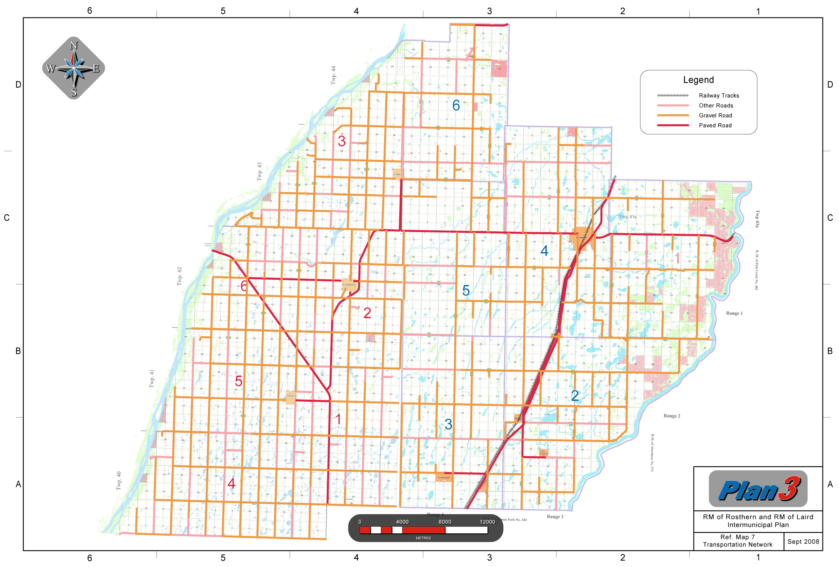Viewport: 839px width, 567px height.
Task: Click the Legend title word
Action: point(698,80)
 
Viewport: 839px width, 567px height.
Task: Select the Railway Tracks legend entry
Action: point(718,96)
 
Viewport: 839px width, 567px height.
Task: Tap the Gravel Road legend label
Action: point(715,115)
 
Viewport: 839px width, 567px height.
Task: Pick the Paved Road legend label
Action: point(715,125)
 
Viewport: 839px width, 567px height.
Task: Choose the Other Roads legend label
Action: point(716,105)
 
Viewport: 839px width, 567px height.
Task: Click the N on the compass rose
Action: point(74,45)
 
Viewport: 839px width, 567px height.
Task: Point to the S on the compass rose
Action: point(74,92)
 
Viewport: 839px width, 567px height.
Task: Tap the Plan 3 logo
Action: point(758,489)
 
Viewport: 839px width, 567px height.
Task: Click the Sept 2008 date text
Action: point(803,541)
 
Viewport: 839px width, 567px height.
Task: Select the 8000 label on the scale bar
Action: point(444,521)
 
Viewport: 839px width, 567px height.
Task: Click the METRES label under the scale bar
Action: point(423,538)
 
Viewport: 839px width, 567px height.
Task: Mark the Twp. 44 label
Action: point(333,75)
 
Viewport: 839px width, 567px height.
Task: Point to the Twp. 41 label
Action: point(152,378)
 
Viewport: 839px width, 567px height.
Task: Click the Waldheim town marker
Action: point(349,285)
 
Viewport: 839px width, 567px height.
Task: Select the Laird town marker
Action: point(397,174)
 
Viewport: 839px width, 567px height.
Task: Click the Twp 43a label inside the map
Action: point(628,217)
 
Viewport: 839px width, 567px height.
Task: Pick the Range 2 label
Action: point(672,416)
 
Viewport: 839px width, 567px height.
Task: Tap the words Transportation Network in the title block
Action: point(737,545)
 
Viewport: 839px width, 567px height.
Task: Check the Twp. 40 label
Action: point(119,480)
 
